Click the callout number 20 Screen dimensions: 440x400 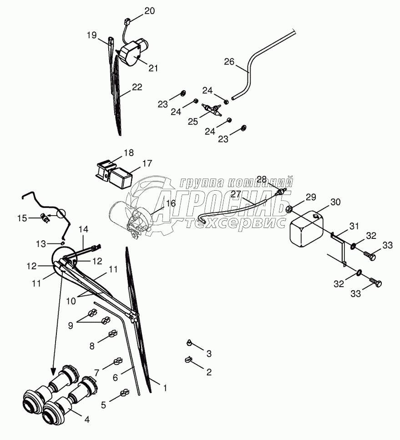coord(150,11)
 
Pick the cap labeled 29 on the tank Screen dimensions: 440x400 coord(289,209)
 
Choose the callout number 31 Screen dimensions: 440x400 coord(354,226)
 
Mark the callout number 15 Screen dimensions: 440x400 coord(22,218)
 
